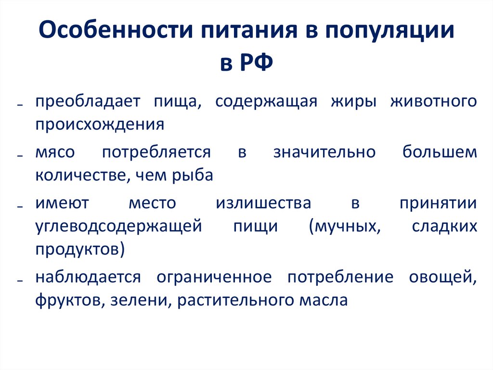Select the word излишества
coord(263,203)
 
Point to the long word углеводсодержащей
coord(117,226)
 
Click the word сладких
coord(445,226)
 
